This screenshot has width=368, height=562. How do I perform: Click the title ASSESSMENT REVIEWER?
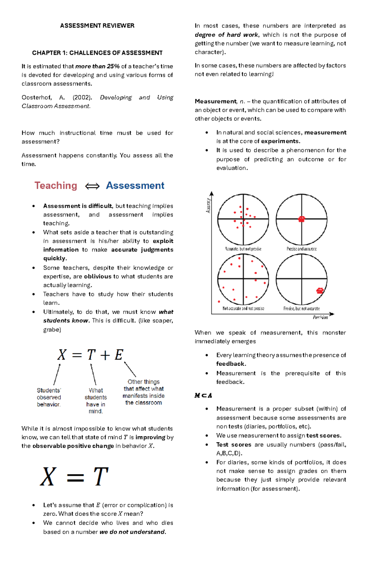click(97, 26)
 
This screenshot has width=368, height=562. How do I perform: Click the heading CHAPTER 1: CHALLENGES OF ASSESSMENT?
click(97, 53)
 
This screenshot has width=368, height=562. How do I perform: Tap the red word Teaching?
click(56, 186)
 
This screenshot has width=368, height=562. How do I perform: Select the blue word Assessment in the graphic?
click(135, 186)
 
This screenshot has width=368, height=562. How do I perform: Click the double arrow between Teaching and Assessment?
click(92, 186)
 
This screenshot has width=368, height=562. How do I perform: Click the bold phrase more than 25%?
click(97, 66)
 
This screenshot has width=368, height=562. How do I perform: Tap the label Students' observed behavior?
click(49, 397)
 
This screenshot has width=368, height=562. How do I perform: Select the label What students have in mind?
click(96, 401)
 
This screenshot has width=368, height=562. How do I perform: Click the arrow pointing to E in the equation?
click(130, 369)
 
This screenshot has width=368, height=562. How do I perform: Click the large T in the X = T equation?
click(101, 477)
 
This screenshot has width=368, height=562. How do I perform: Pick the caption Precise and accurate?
click(301, 249)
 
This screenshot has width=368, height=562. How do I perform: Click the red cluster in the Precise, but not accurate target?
click(320, 291)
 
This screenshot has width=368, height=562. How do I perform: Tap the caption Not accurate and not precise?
click(243, 308)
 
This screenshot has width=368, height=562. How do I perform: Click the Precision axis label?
click(320, 317)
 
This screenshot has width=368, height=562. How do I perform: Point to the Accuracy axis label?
click(208, 206)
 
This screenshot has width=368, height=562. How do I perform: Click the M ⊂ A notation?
click(203, 395)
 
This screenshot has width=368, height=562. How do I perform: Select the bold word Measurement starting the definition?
click(216, 101)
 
